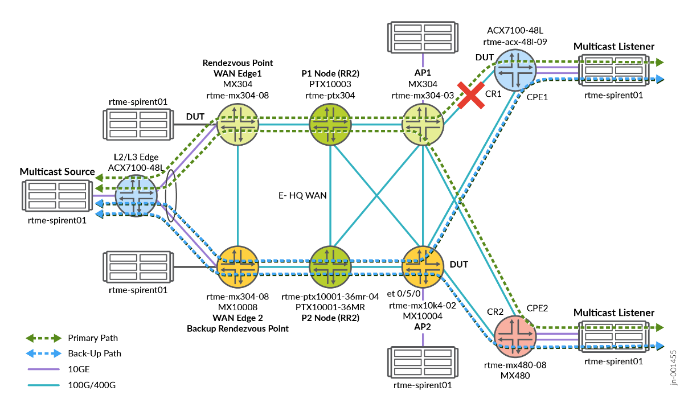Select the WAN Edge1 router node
point(237,124)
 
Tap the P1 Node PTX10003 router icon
point(330,124)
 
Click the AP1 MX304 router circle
point(423,124)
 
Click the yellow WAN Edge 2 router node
point(237,266)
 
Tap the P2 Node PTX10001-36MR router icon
point(330,266)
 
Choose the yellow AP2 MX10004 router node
point(423,266)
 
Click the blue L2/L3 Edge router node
point(137,195)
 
